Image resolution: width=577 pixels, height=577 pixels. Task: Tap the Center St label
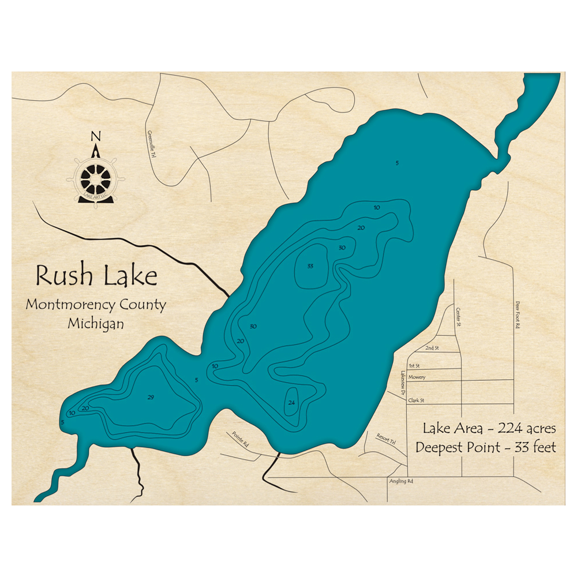click(460, 316)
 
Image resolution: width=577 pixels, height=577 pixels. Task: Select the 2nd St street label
click(432, 349)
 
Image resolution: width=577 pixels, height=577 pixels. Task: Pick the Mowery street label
click(417, 377)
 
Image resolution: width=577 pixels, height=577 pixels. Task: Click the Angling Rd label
click(403, 481)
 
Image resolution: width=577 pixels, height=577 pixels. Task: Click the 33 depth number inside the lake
click(310, 267)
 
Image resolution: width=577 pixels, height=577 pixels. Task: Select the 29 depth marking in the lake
click(151, 398)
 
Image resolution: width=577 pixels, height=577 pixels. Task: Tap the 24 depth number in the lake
click(291, 403)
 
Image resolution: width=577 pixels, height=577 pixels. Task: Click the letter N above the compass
click(96, 137)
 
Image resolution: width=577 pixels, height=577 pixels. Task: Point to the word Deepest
click(445, 447)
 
